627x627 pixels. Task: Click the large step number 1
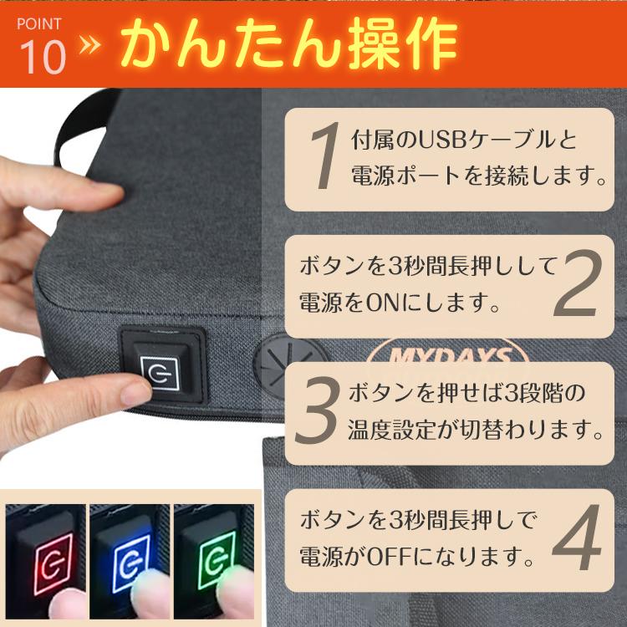(322, 159)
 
